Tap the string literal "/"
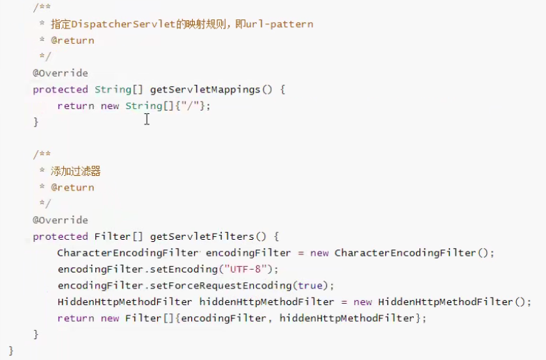193,106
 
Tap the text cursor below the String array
147,120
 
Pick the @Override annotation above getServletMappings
61,73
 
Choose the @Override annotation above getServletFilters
61,220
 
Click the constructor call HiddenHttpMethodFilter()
453,302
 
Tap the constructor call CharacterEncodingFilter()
413,253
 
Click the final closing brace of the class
11,350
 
